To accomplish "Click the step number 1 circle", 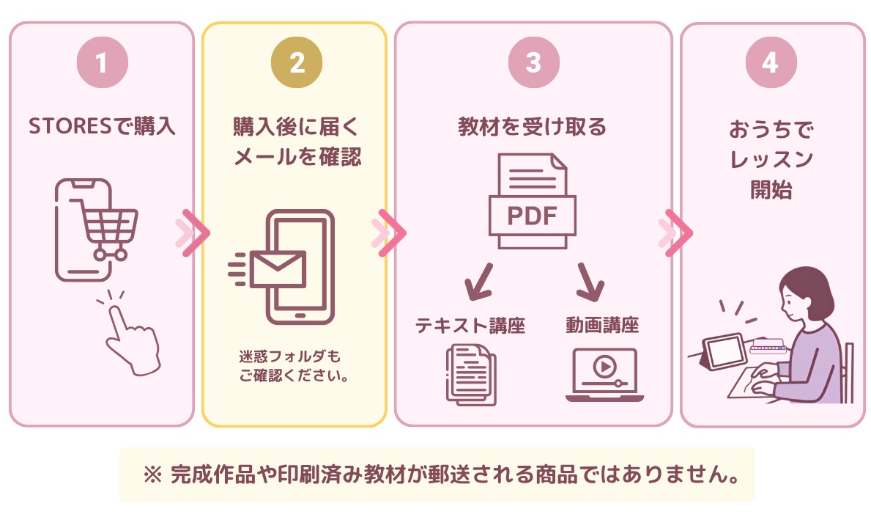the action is [103, 62].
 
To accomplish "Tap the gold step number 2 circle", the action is [297, 62].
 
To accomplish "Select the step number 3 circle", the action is [534, 62].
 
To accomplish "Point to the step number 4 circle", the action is [771, 62].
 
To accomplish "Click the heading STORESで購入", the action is [103, 126].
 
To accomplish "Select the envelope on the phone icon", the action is [278, 269].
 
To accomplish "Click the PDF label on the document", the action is [532, 216].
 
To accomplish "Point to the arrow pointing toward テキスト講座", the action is [478, 282].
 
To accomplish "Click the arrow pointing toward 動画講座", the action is [590, 282].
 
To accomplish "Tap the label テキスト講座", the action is [470, 325].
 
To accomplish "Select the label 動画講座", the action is [603, 325].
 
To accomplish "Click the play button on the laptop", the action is [605, 366].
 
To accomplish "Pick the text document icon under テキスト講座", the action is [471, 374].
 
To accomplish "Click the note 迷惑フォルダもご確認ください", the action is [294, 366].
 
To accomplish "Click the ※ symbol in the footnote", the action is [153, 475].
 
